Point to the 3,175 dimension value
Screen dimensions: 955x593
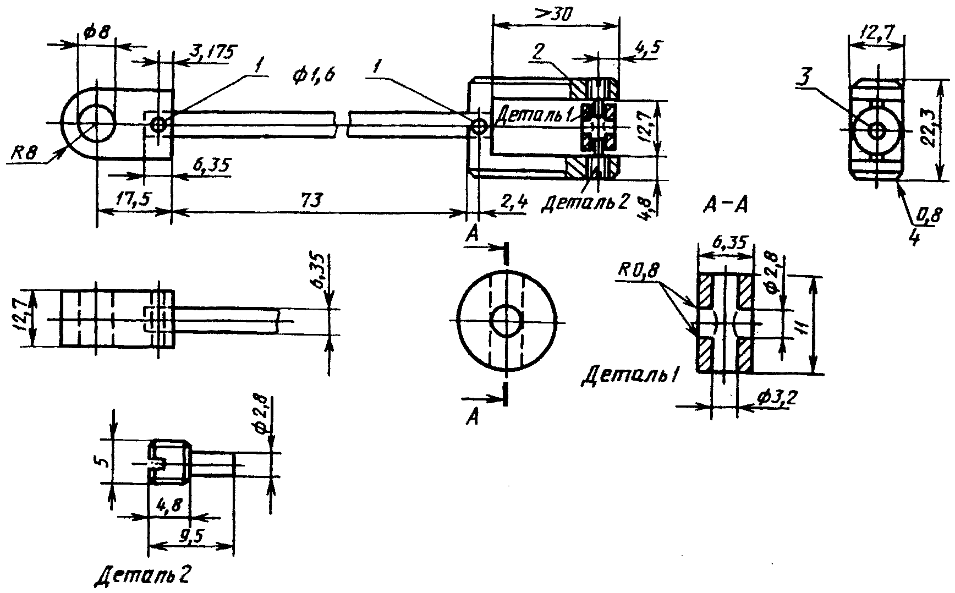[x=211, y=52]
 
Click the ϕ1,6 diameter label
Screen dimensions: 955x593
[x=314, y=75]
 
